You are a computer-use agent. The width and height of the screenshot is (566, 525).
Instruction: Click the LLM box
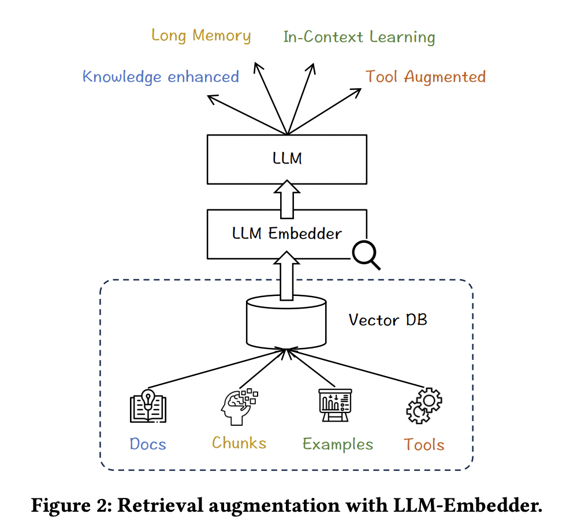(x=287, y=159)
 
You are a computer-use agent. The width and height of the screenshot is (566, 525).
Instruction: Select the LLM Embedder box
(x=287, y=234)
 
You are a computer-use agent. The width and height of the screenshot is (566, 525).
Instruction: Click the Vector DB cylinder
(x=286, y=323)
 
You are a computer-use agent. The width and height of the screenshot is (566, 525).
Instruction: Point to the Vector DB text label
(x=388, y=320)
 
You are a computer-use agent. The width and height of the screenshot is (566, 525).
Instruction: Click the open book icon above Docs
(x=148, y=407)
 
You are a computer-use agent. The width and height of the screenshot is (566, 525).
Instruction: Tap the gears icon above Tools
(x=424, y=406)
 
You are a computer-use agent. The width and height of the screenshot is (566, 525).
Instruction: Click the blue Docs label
(x=148, y=444)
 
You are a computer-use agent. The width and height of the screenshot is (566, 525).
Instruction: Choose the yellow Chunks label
(x=239, y=443)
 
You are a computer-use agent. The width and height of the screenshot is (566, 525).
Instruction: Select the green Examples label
(x=338, y=445)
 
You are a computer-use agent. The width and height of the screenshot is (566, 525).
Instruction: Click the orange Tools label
(x=424, y=445)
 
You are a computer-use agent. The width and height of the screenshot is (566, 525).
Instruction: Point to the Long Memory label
(x=201, y=36)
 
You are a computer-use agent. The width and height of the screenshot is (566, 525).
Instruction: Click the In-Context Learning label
(x=359, y=37)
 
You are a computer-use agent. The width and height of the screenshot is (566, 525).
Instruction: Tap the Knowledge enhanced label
(x=161, y=77)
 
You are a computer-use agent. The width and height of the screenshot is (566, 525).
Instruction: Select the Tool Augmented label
(x=425, y=77)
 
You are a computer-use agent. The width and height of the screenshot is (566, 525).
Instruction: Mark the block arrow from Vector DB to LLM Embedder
(x=287, y=278)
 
